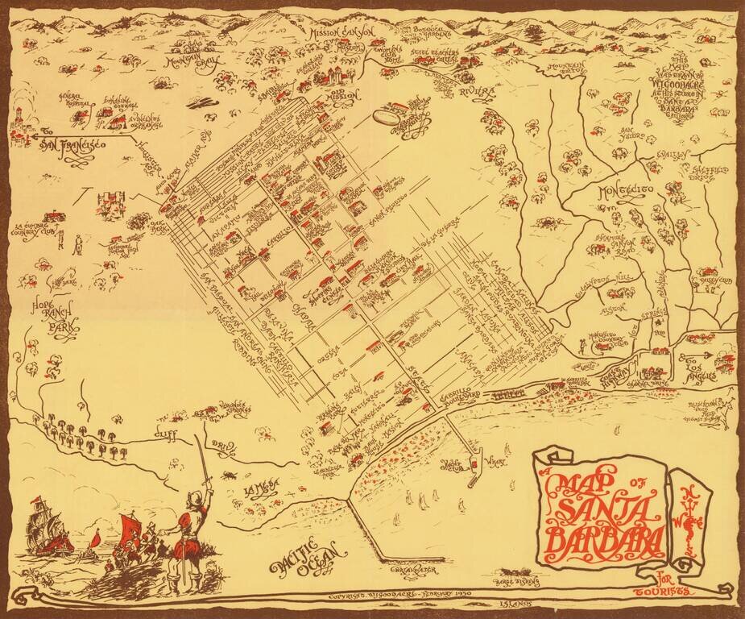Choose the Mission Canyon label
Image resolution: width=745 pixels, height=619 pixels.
coord(341,33)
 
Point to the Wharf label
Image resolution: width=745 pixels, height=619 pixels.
coord(495,464)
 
